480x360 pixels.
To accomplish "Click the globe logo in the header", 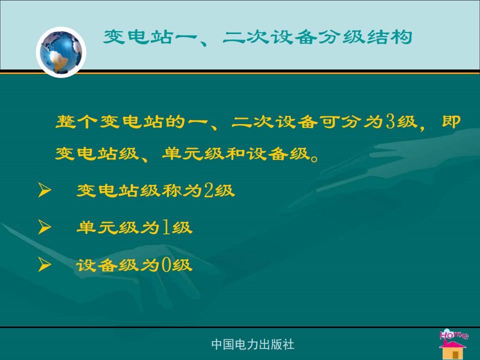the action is (61, 52).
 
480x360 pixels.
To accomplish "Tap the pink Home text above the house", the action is (453, 334).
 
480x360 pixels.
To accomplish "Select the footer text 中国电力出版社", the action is (253, 344).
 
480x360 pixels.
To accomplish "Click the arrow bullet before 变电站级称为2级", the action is (44, 190).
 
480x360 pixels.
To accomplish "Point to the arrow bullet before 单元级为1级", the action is (44, 227).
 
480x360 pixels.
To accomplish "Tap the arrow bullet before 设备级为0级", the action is (44, 265).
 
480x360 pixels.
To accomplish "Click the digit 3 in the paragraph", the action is (390, 121).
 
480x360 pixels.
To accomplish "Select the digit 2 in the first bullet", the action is (209, 190).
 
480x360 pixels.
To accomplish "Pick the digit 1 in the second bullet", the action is (166, 227).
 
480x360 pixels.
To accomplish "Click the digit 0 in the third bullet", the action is (166, 265).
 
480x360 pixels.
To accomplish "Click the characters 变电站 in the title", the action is (137, 37).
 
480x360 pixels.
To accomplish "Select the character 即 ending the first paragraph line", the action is (451, 121).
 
